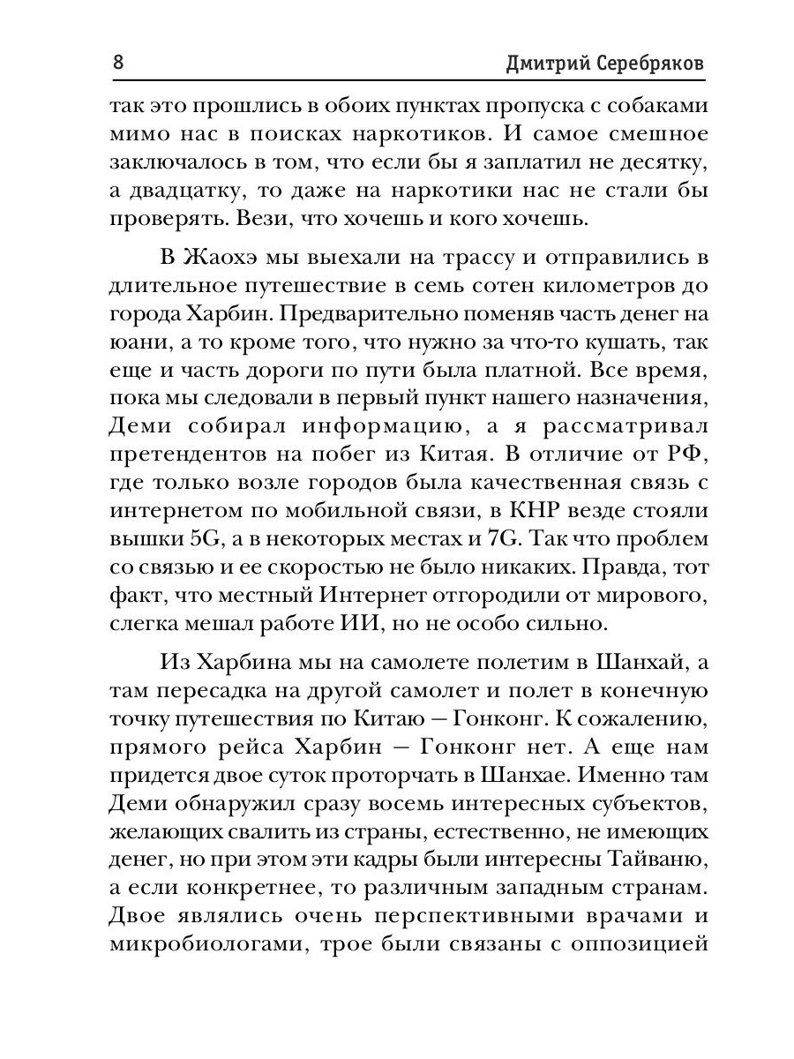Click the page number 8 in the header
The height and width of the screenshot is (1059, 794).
coord(119,64)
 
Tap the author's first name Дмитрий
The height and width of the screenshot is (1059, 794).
coord(537,64)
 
